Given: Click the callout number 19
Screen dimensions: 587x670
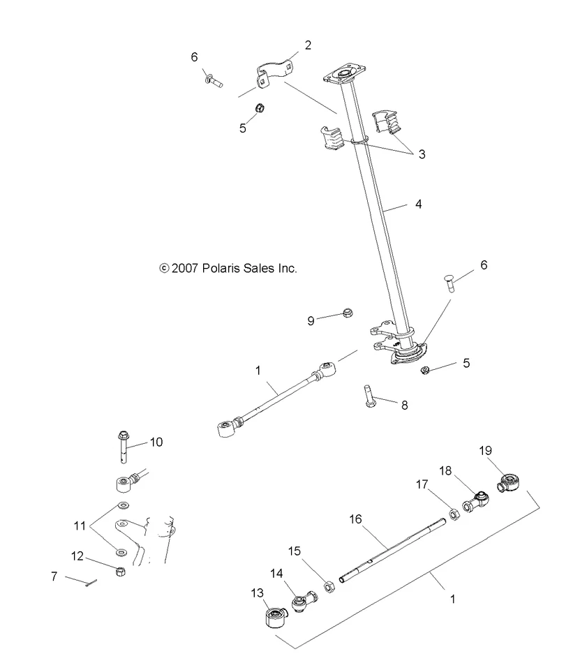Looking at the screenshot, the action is tap(485, 451).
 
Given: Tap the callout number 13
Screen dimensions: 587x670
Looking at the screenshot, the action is tap(257, 593).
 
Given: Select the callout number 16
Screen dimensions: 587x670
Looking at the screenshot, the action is tap(355, 519).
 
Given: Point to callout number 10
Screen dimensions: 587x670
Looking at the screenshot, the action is tap(156, 442).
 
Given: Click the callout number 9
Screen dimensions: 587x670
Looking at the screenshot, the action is tap(311, 321).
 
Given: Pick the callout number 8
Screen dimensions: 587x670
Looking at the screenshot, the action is tap(405, 405).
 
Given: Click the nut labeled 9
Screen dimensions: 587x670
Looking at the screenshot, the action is tap(348, 313).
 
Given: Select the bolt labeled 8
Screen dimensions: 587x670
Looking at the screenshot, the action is tap(369, 396).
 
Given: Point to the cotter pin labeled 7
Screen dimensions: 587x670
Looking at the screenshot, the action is tap(91, 583).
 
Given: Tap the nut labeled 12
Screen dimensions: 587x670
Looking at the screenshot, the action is tap(121, 572).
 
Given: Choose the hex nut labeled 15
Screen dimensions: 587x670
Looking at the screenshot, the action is tap(329, 587).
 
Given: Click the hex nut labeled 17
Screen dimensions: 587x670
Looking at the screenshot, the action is tap(455, 514).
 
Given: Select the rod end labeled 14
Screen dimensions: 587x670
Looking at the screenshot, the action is tap(304, 601).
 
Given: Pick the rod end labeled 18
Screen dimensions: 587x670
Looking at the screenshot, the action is tap(475, 502).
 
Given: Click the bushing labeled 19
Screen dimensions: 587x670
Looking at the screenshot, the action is tap(509, 482).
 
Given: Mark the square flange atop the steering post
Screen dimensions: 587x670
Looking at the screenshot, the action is tap(345, 75).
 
